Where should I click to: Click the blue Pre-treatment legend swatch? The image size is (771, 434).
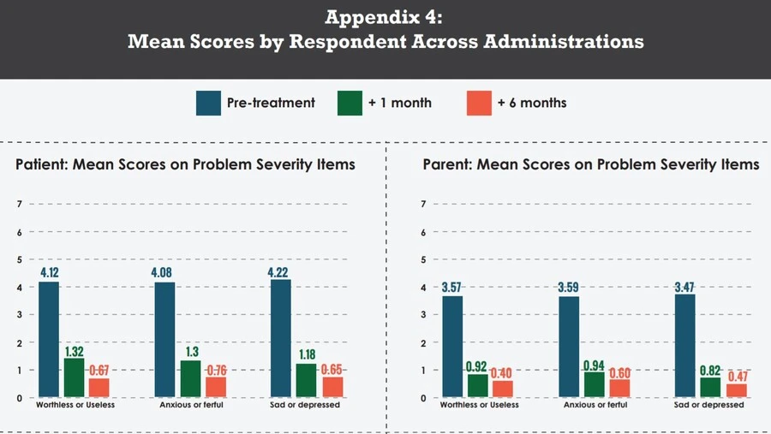(x=208, y=103)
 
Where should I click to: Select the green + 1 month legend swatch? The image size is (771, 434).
(x=350, y=103)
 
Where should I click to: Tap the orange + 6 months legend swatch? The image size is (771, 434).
(x=479, y=103)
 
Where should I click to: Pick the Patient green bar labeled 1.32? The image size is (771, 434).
(x=74, y=378)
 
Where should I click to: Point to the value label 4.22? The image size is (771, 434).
(x=281, y=272)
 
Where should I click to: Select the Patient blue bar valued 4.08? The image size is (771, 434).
(x=164, y=340)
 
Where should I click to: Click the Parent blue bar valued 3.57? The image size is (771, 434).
(x=452, y=347)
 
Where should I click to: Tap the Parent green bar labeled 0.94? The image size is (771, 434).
(x=594, y=384)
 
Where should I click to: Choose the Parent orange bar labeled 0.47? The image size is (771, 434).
(x=736, y=390)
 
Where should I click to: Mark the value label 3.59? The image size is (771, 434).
(x=569, y=288)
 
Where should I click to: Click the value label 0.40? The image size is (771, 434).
(x=501, y=373)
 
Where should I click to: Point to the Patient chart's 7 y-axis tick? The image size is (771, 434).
(x=19, y=204)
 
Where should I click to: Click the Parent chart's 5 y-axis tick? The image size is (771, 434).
(x=423, y=259)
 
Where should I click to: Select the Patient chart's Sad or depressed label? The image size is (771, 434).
(x=304, y=405)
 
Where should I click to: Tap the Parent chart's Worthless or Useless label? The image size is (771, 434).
(x=479, y=405)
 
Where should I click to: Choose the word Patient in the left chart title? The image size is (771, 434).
(x=42, y=163)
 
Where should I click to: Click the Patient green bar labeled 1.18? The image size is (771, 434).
(x=306, y=380)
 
